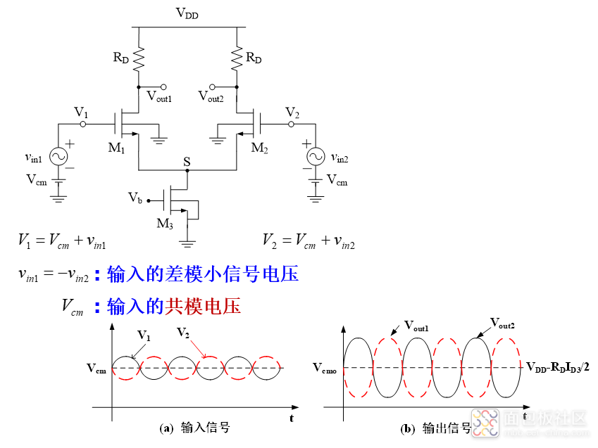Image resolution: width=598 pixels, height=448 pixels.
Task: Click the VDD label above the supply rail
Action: tap(187, 13)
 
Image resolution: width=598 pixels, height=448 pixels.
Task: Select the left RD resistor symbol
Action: tap(139, 58)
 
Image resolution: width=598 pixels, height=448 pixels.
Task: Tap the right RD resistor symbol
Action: tap(237, 58)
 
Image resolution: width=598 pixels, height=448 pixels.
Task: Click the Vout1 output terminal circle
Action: tap(163, 87)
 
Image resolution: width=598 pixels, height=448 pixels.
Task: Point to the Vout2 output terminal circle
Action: tap(213, 87)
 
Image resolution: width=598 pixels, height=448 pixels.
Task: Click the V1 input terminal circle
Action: tap(82, 124)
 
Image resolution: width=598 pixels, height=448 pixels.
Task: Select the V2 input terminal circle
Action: tap(292, 124)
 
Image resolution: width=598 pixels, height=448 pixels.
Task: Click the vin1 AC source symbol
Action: tap(58, 157)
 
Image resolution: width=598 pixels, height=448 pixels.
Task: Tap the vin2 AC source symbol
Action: tap(316, 157)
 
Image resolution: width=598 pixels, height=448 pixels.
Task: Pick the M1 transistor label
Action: tap(116, 148)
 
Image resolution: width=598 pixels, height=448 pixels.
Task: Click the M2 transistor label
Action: tap(259, 148)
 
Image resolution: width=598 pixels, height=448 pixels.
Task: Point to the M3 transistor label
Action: tap(165, 224)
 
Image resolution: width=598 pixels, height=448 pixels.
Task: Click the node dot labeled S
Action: tap(187, 170)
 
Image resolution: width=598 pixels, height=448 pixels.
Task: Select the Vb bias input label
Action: tap(135, 198)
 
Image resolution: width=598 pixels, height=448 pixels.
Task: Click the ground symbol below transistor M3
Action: tap(187, 243)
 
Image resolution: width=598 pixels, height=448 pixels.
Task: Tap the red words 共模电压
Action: tap(203, 307)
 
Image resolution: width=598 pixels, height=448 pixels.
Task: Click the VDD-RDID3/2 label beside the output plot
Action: tap(558, 367)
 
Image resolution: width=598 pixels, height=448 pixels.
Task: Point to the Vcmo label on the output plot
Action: tap(325, 368)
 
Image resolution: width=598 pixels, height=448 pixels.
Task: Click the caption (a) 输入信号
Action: tap(194, 428)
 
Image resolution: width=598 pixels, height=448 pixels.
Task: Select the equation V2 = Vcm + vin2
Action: tap(309, 241)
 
